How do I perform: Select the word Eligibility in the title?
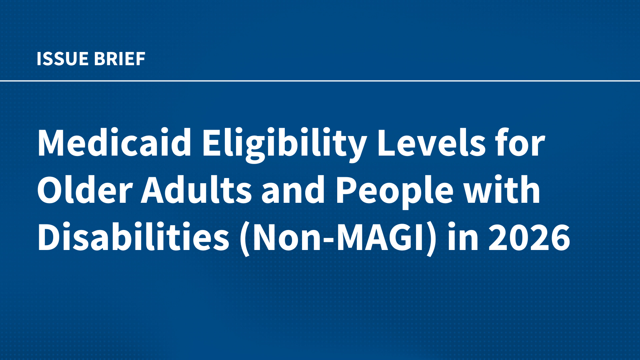pos(284,144)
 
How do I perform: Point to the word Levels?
pos(431,143)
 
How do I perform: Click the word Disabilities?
pos(133,238)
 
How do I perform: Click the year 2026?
pos(530,238)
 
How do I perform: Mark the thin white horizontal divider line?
pos(320,81)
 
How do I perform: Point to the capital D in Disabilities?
pos(49,238)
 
